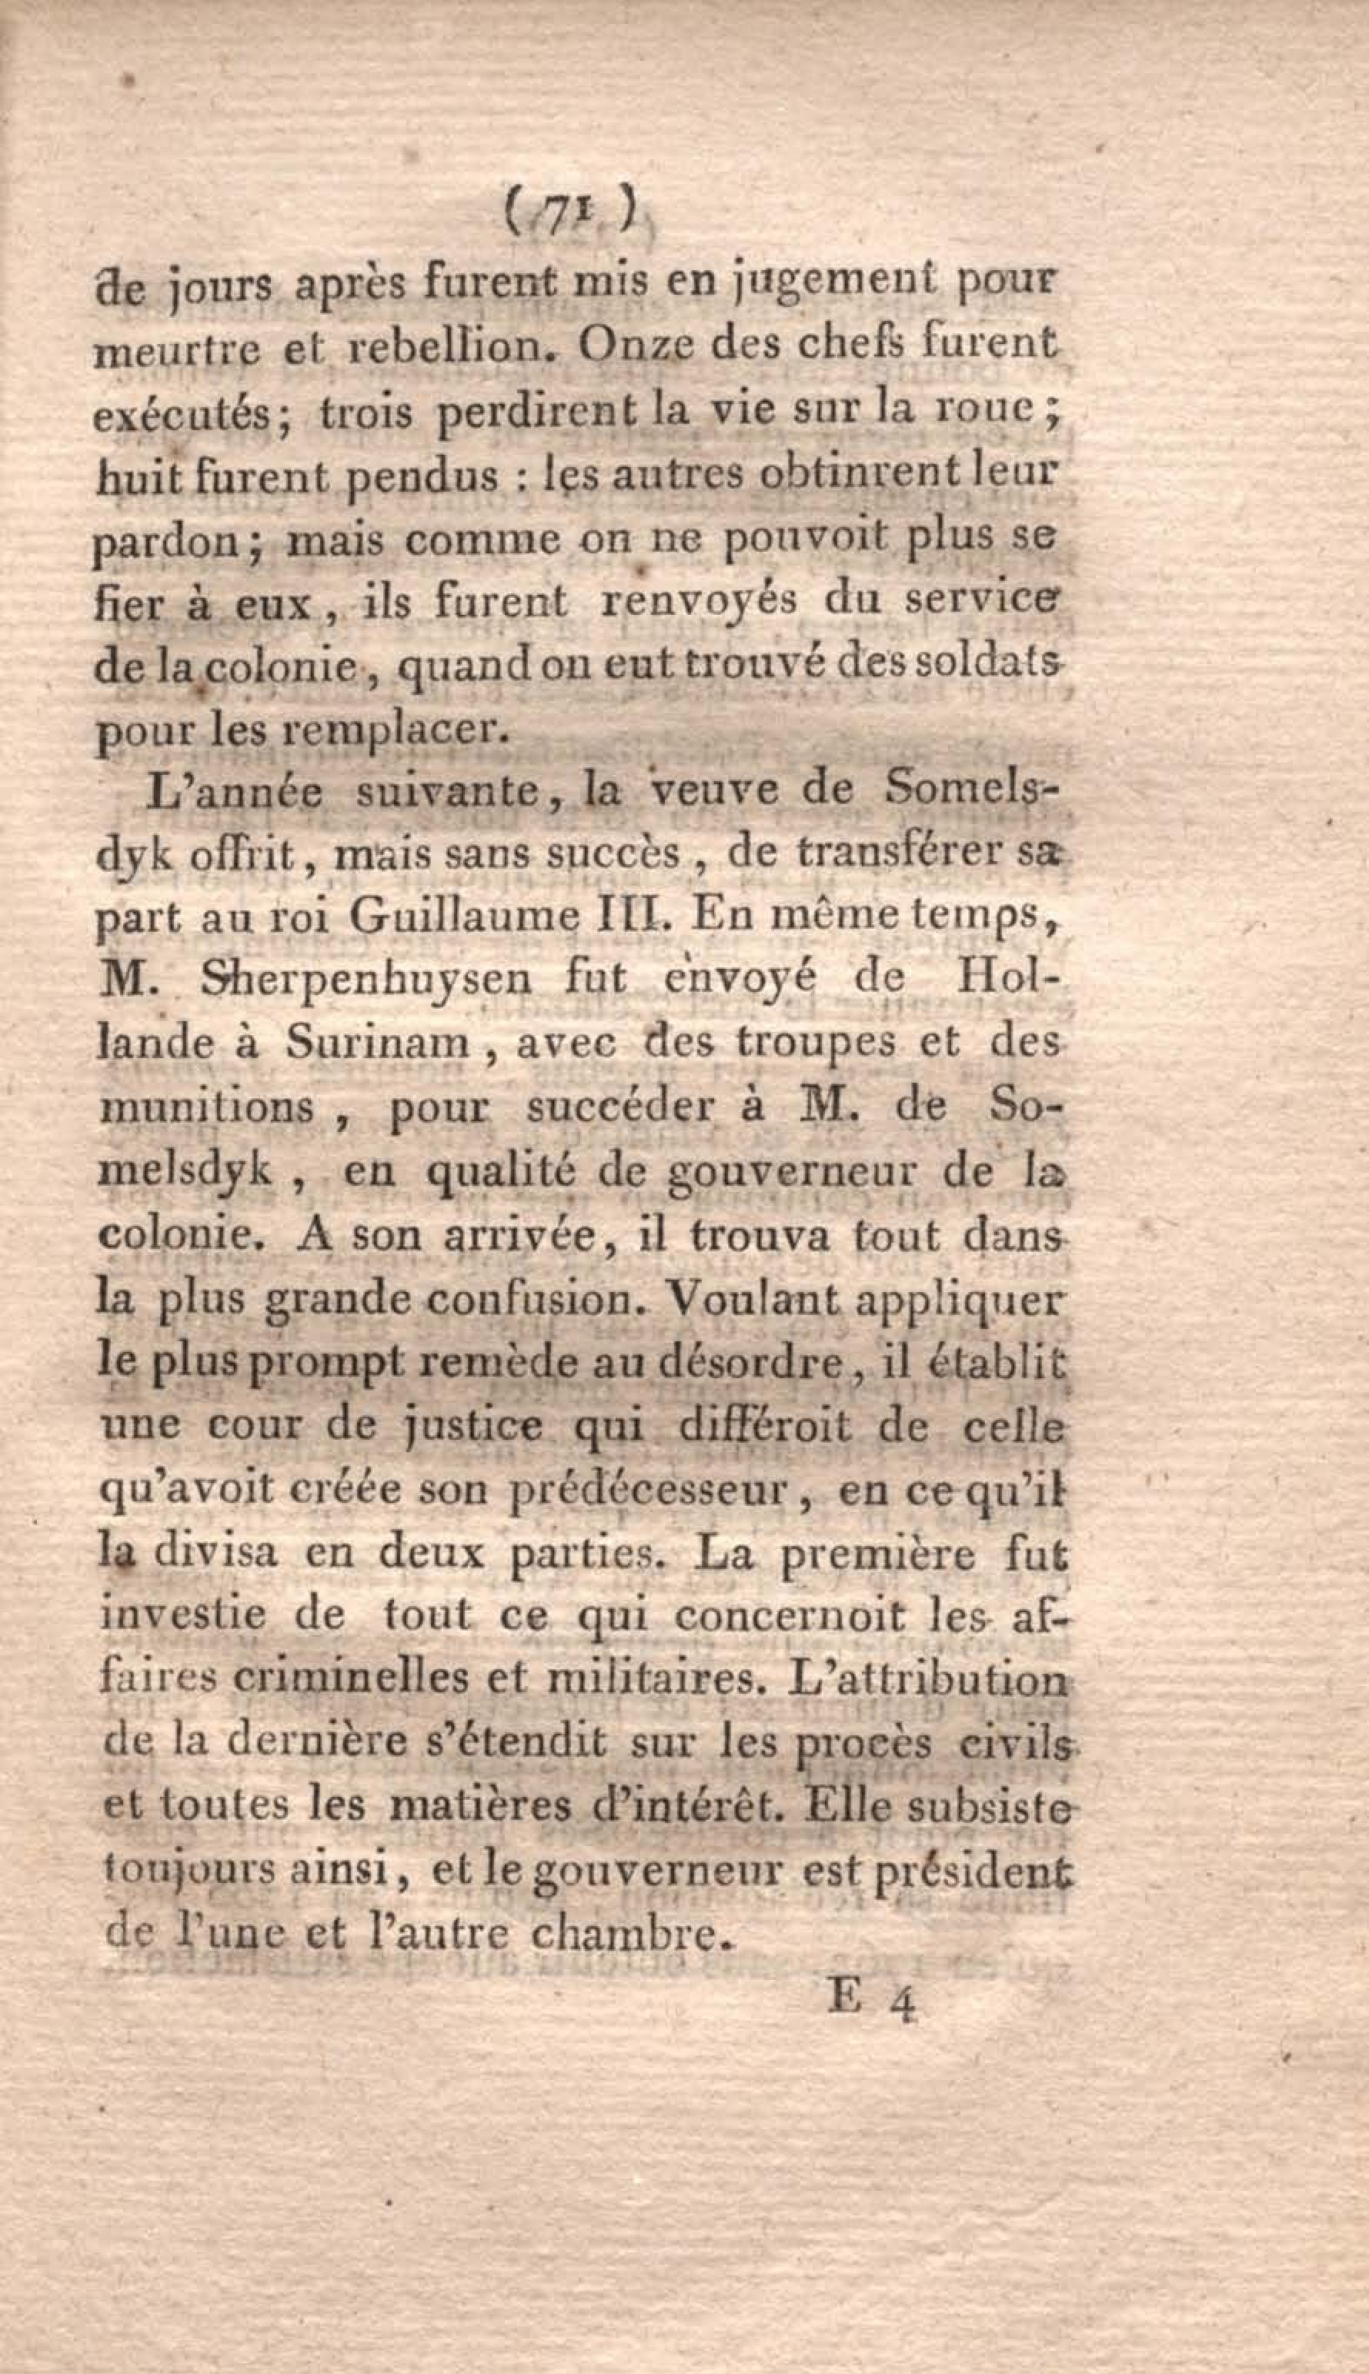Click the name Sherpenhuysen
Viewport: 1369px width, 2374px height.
tap(367, 980)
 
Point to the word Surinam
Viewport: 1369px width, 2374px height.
tap(378, 1043)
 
